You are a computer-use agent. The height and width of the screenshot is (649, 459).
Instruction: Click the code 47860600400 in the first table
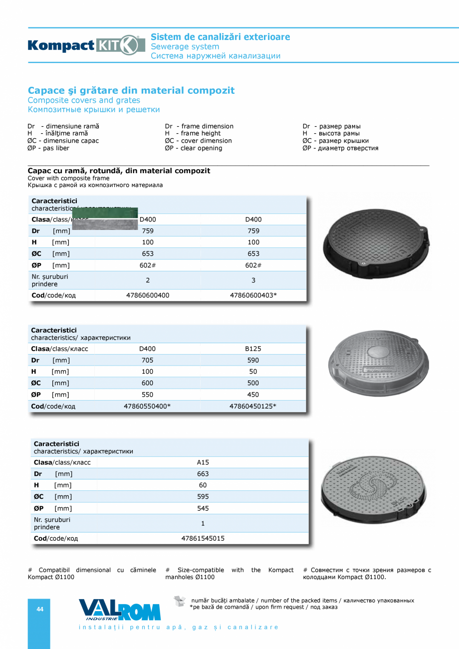[x=148, y=295]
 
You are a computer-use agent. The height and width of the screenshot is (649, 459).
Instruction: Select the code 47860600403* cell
[x=253, y=295]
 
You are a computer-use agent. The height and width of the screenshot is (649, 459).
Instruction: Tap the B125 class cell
[x=253, y=349]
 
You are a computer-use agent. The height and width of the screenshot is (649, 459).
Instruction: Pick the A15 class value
[x=203, y=462]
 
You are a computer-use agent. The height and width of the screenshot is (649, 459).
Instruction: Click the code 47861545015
[x=203, y=539]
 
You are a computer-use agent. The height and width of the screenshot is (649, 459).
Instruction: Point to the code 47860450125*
[x=253, y=406]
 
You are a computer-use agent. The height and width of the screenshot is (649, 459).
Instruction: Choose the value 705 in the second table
[x=148, y=360]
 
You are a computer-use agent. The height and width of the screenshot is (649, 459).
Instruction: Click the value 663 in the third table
[x=203, y=474]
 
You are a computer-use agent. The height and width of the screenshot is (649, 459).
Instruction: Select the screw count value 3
[x=253, y=280]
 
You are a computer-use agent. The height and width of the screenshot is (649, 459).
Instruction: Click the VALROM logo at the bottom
[x=120, y=610]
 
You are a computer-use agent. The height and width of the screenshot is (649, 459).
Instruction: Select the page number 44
[x=40, y=609]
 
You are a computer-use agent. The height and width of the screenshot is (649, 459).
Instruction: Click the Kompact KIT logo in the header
[x=83, y=45]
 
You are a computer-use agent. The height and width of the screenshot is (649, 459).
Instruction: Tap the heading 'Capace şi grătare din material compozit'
[x=131, y=90]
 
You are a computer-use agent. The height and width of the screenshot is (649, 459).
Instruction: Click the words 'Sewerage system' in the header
[x=185, y=46]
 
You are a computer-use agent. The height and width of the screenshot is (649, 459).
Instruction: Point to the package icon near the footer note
[x=180, y=601]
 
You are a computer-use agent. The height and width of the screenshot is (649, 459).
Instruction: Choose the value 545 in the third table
[x=203, y=508]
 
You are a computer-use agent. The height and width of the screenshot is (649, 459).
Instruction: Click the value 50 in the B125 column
[x=253, y=372]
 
